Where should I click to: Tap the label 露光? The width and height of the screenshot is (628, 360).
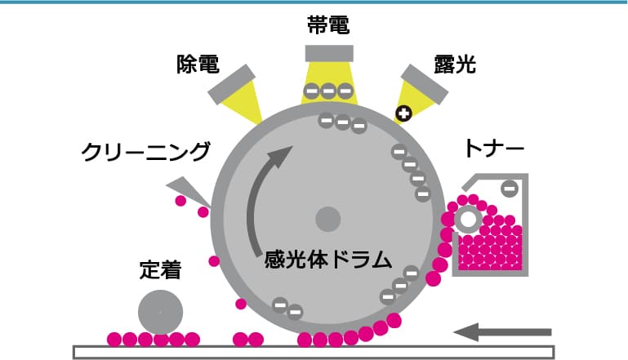456,65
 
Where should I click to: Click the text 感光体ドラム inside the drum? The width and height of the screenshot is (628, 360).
328,260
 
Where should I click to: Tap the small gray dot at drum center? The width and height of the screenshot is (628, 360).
327,219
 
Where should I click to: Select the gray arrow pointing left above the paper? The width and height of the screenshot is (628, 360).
503,331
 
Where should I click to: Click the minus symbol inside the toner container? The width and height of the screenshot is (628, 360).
509,189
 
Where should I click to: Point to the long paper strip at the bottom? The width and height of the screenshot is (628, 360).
314,353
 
